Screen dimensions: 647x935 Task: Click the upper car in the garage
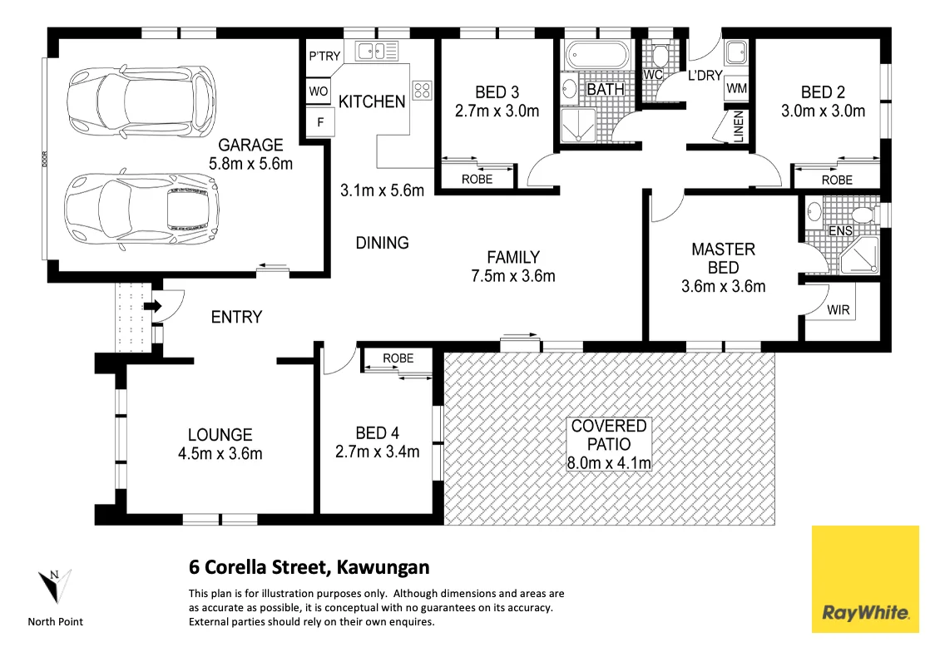(140, 97)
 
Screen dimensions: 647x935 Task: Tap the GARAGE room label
(250, 145)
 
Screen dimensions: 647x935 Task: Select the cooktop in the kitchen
(422, 89)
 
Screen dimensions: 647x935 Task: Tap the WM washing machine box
(736, 88)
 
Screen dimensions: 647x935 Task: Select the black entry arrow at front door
(153, 307)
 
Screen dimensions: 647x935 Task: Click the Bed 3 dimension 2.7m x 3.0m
(497, 111)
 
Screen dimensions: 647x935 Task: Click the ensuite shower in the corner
(859, 256)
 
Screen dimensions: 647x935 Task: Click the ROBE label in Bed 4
(398, 358)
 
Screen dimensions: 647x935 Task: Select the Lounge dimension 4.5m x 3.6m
(220, 453)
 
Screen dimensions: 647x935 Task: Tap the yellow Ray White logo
(865, 579)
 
